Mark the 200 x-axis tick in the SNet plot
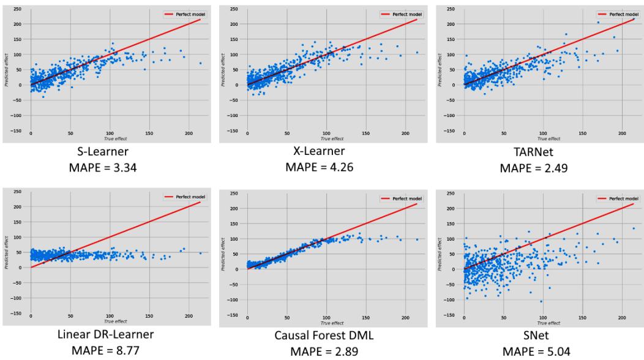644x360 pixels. point(621,319)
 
